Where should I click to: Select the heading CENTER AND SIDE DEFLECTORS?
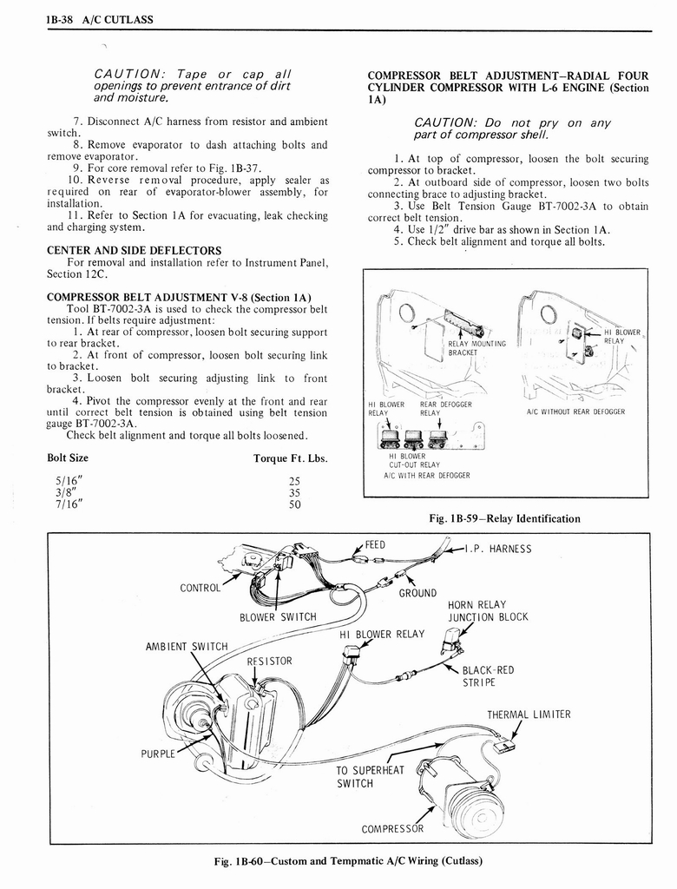coord(134,251)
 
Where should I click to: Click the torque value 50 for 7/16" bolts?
coord(293,504)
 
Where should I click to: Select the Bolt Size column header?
coord(68,458)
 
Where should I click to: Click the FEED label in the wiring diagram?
coord(375,545)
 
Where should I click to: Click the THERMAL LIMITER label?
coord(529,714)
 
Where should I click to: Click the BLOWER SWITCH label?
coord(278,617)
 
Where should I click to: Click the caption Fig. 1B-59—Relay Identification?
coord(505,518)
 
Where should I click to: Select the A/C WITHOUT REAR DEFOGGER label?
coord(576,412)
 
